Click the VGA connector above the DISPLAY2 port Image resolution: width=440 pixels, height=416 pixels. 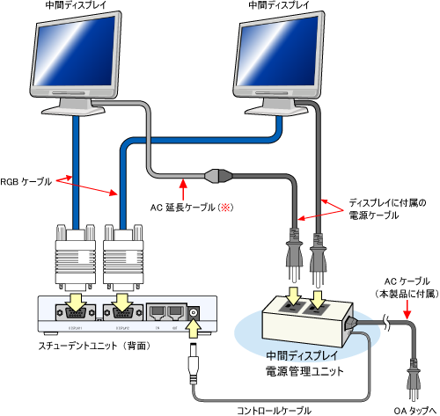point(120,255)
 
